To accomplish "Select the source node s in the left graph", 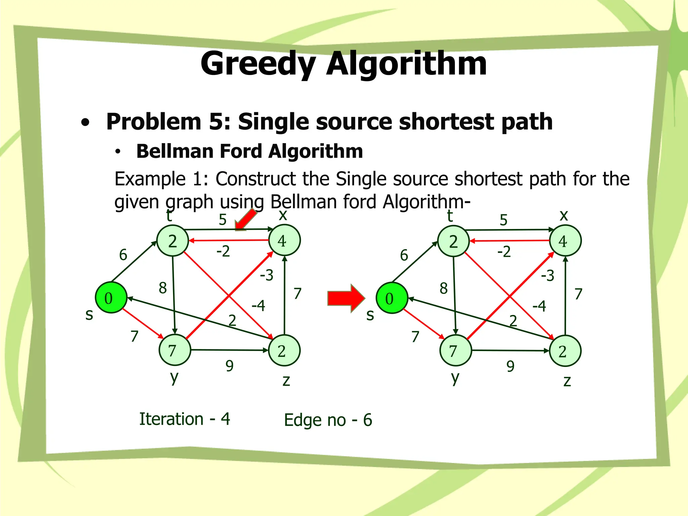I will point(111,298).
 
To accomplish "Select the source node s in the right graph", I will point(392,298).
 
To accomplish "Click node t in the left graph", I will point(173,241).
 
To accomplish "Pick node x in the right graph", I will point(565,241).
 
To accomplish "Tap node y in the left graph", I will point(175,350).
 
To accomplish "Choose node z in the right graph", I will point(565,351).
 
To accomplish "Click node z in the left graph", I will point(284,350).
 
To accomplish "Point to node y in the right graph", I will point(456,351).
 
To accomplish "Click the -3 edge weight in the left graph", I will point(267,275).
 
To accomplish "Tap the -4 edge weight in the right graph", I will point(539,306).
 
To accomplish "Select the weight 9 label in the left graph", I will point(229,365).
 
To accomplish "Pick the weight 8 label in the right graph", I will point(443,288).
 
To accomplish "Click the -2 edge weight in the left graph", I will point(223,251).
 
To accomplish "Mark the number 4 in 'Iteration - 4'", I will point(225,419).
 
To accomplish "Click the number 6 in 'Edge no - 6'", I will point(368,420).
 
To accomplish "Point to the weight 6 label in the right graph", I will point(404,255).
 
